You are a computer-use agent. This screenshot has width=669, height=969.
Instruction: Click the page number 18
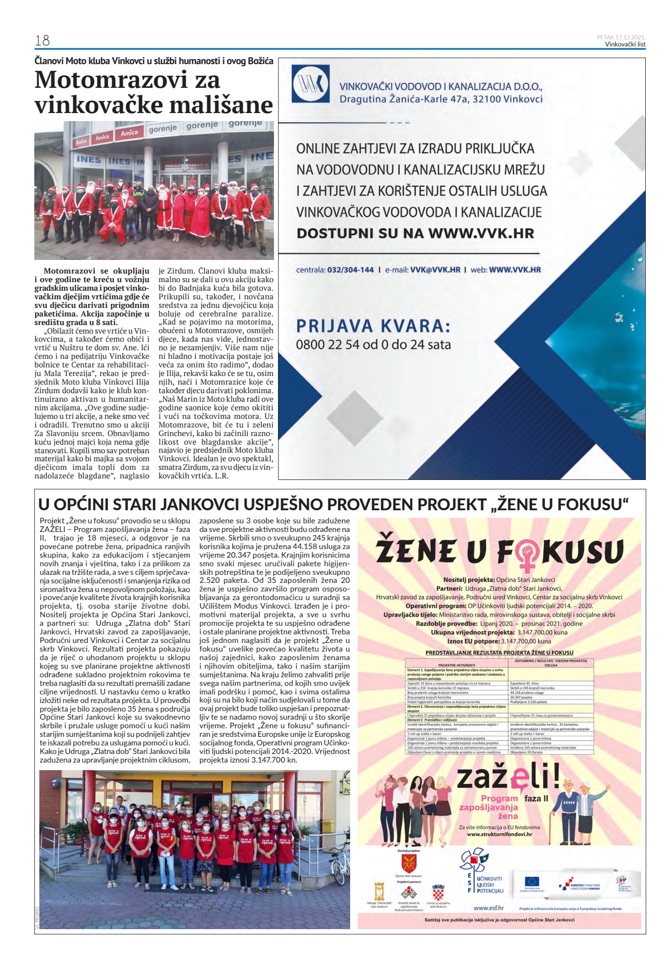click(x=42, y=40)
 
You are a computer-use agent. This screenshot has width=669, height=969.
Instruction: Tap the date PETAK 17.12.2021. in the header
click(x=621, y=37)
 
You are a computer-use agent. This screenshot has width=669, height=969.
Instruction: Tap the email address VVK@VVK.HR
click(x=435, y=270)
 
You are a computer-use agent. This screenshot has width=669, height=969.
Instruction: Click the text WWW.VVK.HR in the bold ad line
click(x=481, y=234)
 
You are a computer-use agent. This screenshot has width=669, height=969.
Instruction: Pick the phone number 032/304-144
click(x=350, y=270)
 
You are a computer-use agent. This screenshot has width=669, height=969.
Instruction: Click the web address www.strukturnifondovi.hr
click(x=499, y=834)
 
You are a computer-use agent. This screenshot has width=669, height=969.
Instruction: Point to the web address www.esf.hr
click(x=488, y=908)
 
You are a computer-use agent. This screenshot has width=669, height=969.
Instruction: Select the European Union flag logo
click(x=531, y=882)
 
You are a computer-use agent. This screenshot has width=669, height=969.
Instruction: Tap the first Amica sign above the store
click(x=81, y=142)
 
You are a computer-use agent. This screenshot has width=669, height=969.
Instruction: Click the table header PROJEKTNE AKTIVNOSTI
click(x=456, y=665)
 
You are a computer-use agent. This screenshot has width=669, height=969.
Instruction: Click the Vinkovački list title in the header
click(x=625, y=44)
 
